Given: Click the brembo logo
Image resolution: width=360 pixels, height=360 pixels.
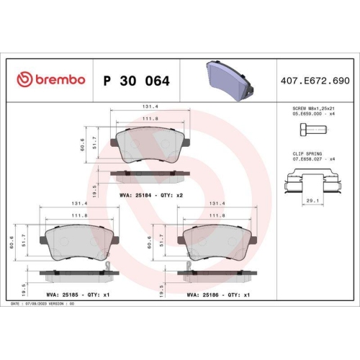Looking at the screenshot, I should pos(50,80).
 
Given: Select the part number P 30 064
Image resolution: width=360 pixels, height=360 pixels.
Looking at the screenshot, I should pos(137,81).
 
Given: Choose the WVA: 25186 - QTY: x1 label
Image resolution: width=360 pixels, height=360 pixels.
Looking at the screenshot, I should pos(218,294).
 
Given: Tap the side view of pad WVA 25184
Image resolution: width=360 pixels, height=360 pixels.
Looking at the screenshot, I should pos(150,174).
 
